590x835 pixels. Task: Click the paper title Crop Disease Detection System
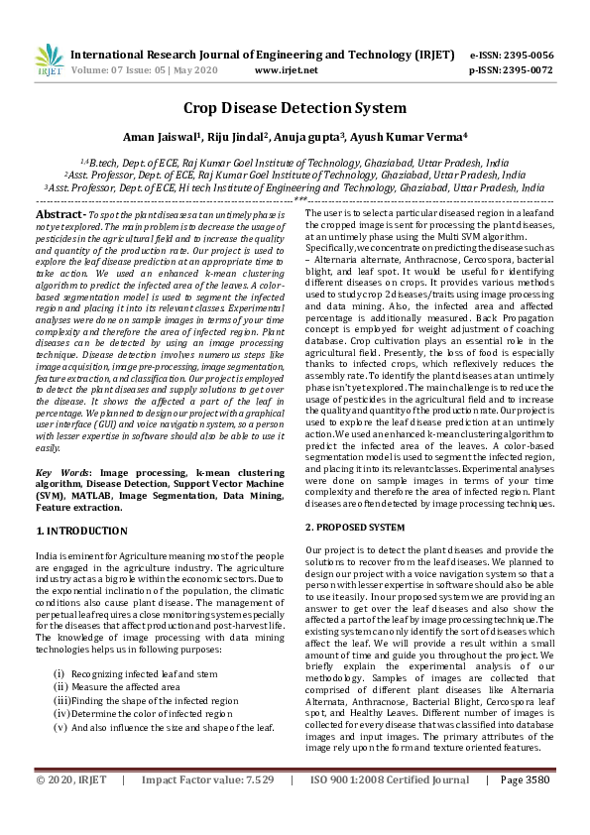tap(295, 108)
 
